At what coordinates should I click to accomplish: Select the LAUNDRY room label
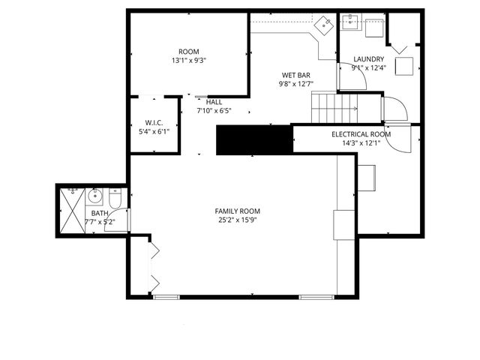tap(368, 59)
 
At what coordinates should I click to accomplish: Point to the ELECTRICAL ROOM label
tap(361, 134)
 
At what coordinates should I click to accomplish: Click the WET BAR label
tap(296, 75)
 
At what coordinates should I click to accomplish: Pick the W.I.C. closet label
tap(154, 122)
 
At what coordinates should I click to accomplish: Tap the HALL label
tap(214, 101)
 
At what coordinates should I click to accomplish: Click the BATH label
tap(100, 214)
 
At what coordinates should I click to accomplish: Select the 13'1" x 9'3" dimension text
tap(189, 61)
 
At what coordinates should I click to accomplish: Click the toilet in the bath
tap(115, 200)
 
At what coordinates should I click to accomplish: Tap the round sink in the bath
tap(94, 198)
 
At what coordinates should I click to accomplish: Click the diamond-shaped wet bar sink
tap(324, 24)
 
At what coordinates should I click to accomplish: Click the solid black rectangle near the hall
tap(253, 139)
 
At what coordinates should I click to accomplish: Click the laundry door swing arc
tap(395, 109)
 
